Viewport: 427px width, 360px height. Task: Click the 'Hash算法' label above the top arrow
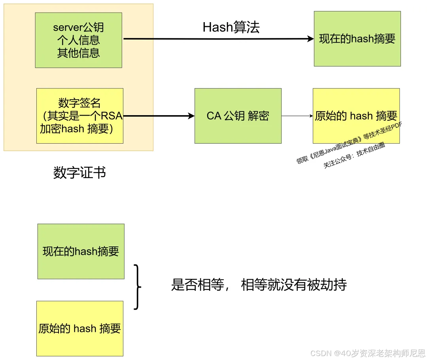231,27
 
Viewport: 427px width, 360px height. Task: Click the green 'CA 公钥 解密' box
238,116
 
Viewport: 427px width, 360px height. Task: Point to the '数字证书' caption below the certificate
79,172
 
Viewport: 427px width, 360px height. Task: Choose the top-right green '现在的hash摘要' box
357,39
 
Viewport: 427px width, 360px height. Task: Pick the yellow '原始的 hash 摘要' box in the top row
356,116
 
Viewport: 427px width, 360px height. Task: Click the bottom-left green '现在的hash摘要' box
81,251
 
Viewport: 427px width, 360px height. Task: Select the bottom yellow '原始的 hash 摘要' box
79,328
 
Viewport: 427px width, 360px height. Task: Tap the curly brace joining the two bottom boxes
137,287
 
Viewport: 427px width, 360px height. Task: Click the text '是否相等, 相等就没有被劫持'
259,284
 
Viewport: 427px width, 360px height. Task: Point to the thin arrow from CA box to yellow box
297,116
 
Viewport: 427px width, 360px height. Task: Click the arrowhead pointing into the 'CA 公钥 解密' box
192,116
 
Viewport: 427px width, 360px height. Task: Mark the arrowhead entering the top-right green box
311,39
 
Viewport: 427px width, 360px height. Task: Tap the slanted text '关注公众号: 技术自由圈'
354,155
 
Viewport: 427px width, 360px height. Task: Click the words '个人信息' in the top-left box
78,40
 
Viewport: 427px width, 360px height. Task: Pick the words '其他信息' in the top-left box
78,53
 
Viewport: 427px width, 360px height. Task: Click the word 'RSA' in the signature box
112,116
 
